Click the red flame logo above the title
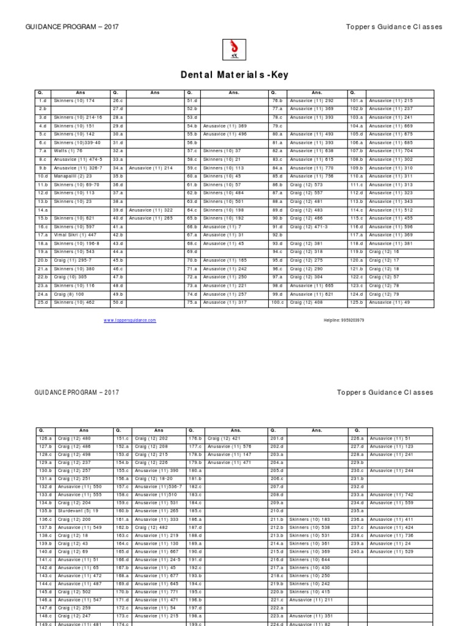[234, 49]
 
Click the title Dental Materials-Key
[234, 75]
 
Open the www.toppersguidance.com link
[129, 320]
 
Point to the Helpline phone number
[344, 320]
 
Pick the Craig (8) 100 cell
[68, 293]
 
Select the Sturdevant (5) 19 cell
[77, 510]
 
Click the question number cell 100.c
[278, 302]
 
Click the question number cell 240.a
[357, 551]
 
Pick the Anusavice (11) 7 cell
[224, 226]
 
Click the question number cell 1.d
[43, 100]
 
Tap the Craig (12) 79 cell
[384, 293]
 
